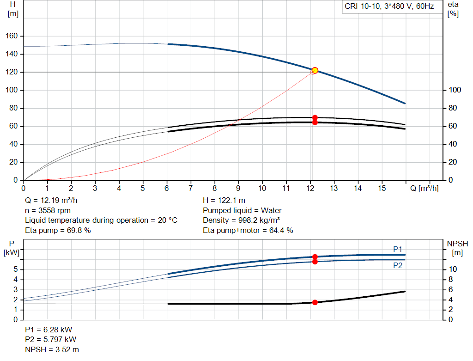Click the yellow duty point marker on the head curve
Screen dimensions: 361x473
pos(315,70)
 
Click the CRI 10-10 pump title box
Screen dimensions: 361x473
pos(389,6)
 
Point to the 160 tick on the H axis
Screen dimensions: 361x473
pos(12,36)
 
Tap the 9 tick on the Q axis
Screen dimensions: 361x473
pos(238,188)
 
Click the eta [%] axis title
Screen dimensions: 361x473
pos(453,9)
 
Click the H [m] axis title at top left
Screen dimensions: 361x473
pos(13,9)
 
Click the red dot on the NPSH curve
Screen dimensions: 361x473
pos(315,302)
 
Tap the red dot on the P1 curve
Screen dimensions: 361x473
pos(315,257)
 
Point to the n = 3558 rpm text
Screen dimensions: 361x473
pos(47,210)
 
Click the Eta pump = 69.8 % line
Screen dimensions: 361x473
pos(58,230)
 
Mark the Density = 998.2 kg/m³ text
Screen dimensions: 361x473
pos(242,220)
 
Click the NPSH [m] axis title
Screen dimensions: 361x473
pos(457,248)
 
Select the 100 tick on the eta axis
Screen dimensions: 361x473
pos(455,90)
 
